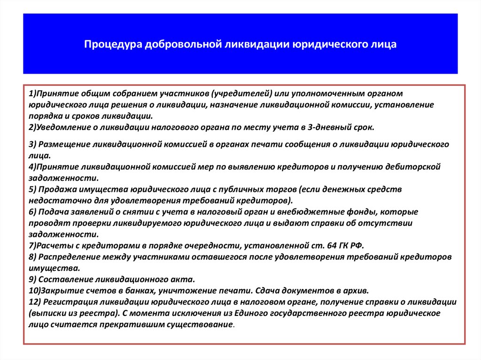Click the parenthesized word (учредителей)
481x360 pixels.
242,93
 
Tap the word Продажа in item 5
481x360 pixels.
57,189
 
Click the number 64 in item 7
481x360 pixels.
332,245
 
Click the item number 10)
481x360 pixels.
35,291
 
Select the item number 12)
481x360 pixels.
35,302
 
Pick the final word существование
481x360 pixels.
200,324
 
